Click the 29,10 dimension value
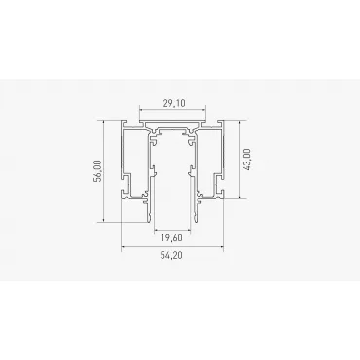[174, 103]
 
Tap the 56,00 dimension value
[98, 171]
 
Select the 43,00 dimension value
[246, 160]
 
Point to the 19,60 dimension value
[171, 238]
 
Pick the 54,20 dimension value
[171, 255]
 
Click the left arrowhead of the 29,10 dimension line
[141, 110]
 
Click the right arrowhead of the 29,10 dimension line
[203, 110]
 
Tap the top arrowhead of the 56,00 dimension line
[103, 122]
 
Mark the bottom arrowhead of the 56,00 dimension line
[103, 220]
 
